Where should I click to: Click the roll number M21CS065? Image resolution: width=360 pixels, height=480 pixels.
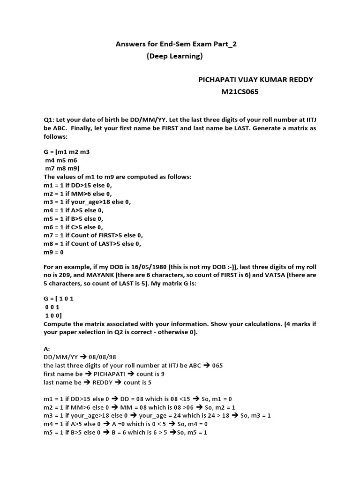[240, 92]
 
